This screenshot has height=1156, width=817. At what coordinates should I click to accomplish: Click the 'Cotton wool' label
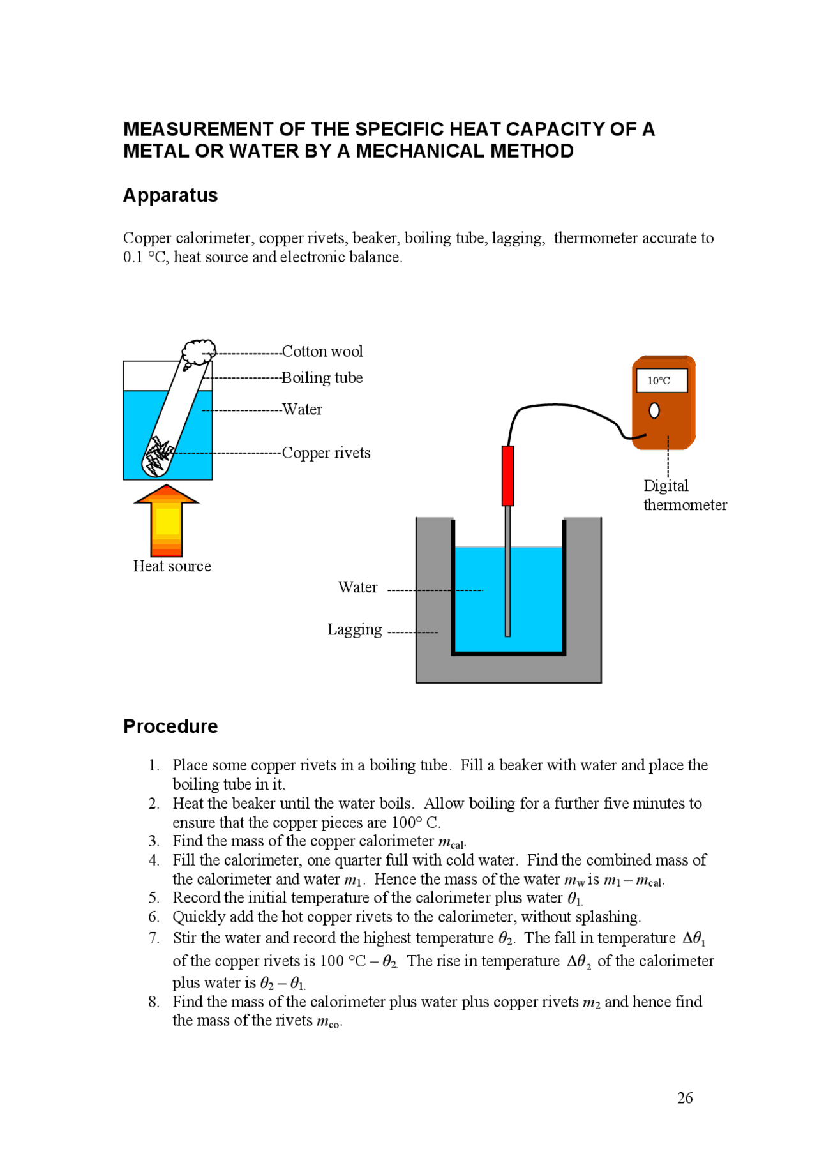click(322, 352)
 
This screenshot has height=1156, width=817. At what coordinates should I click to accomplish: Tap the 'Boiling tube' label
click(322, 378)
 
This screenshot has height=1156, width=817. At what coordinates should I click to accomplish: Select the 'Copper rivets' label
click(326, 453)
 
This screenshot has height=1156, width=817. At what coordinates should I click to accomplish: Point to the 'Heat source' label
click(172, 566)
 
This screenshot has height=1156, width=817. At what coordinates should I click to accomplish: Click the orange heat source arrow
click(167, 520)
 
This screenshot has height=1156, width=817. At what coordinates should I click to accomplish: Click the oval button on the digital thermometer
click(654, 410)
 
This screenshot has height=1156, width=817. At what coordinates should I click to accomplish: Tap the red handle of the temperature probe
click(507, 476)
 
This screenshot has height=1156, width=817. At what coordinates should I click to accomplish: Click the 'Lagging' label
click(354, 630)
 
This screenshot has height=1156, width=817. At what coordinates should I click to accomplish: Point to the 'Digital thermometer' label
click(684, 495)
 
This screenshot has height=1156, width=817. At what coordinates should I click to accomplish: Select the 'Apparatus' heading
click(170, 195)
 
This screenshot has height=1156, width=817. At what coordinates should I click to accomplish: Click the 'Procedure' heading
click(170, 726)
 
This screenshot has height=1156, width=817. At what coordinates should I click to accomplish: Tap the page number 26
click(685, 1098)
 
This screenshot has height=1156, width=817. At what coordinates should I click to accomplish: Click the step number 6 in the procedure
click(154, 917)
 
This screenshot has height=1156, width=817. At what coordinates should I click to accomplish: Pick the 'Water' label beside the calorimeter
click(357, 587)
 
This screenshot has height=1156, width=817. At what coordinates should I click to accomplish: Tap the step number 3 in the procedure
click(154, 841)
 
